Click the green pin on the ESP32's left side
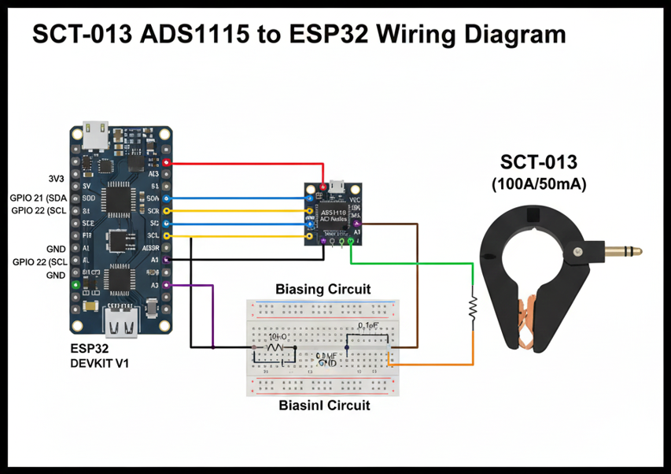click(76, 284)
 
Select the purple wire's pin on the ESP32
click(166, 285)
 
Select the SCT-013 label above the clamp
click(539, 163)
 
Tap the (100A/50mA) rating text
click(539, 184)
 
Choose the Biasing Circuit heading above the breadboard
click(323, 289)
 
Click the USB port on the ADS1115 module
click(334, 187)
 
